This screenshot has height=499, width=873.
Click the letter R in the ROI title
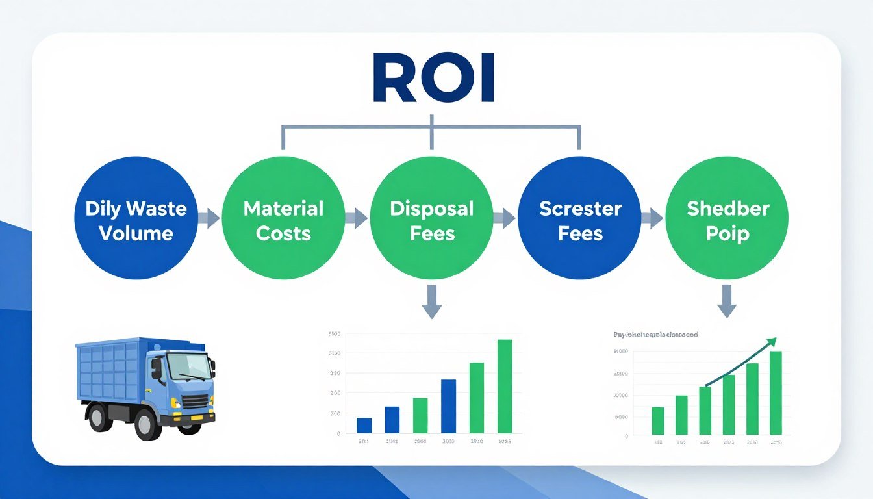[394, 79]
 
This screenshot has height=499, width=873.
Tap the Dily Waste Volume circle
[136, 218]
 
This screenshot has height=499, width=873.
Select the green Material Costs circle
[283, 218]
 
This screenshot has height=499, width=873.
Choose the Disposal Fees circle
[431, 218]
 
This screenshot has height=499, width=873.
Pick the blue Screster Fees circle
[580, 218]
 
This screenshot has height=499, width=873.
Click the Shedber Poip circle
[727, 218]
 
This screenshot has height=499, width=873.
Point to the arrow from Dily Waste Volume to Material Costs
[209, 219]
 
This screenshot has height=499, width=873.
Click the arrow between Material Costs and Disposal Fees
[357, 219]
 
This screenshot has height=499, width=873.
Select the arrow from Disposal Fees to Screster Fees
[505, 219]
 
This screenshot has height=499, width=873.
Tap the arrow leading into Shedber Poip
[652, 219]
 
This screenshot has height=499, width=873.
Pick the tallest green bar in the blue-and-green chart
[505, 386]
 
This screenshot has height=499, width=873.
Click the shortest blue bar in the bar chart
[364, 425]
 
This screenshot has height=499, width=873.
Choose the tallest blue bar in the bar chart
[448, 406]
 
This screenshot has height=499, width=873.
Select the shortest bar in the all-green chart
[658, 420]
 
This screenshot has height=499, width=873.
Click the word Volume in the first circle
[136, 233]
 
